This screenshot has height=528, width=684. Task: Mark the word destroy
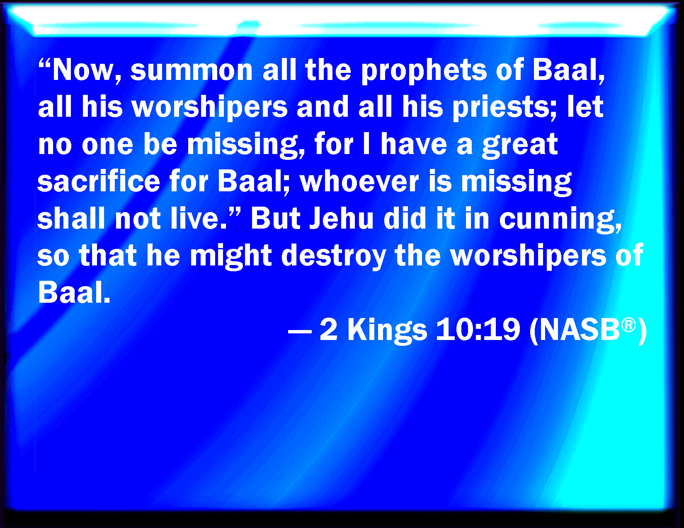pos(333,256)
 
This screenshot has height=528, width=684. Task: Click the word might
pos(231,256)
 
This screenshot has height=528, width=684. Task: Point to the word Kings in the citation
pos(387,330)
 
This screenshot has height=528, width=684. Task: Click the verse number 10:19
pos(478,330)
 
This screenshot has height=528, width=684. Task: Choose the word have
pos(414,145)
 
